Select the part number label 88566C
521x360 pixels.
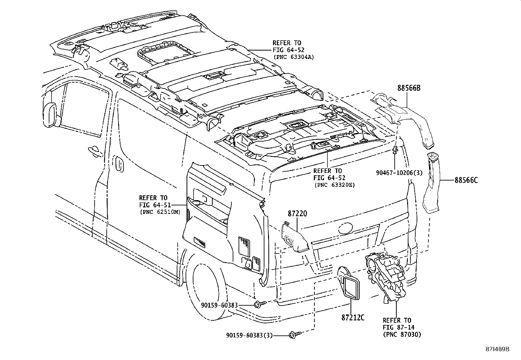pyautogui.click(x=466, y=180)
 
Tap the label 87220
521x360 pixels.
pyautogui.click(x=297, y=213)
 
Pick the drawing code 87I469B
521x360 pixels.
pyautogui.click(x=497, y=349)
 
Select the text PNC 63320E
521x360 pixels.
pyautogui.click(x=334, y=185)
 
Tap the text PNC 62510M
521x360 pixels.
pyautogui.click(x=160, y=212)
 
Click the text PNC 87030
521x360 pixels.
pyautogui.click(x=402, y=334)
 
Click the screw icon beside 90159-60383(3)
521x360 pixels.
pyautogui.click(x=293, y=335)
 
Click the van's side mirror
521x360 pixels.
pyautogui.click(x=49, y=114)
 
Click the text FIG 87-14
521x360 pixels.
pyautogui.click(x=397, y=327)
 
